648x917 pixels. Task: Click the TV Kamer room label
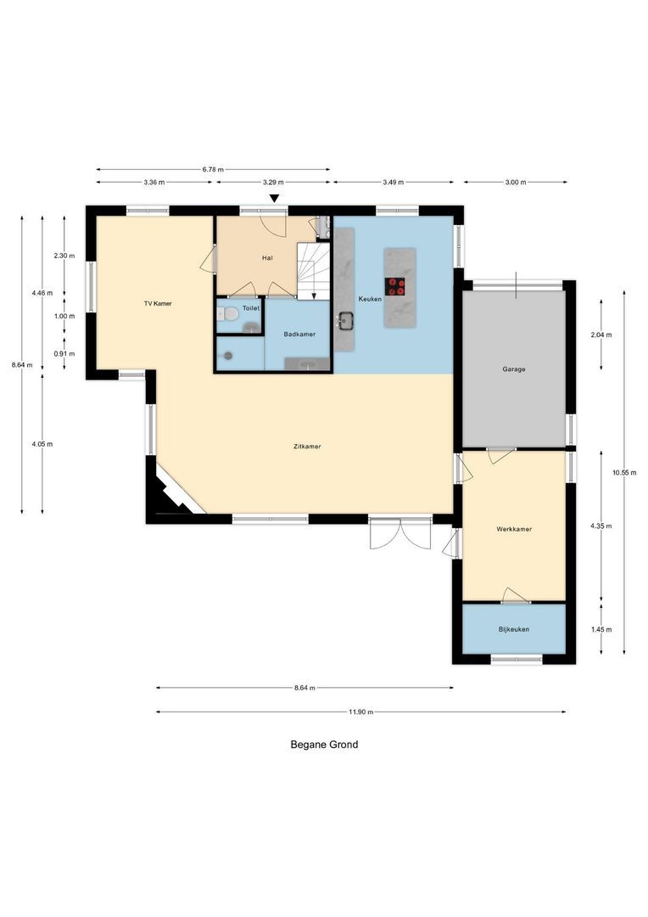(158, 303)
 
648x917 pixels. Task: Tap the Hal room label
(267, 258)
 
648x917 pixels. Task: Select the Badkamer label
(299, 335)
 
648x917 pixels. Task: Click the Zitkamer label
(307, 446)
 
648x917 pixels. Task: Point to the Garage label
(513, 369)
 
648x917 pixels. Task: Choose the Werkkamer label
(514, 529)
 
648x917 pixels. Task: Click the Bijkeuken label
(514, 629)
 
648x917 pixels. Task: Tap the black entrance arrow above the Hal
(274, 200)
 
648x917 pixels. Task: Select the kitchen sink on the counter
(345, 321)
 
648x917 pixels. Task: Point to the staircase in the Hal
(311, 269)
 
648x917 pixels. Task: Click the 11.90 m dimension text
(362, 712)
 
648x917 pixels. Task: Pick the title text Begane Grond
(324, 745)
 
